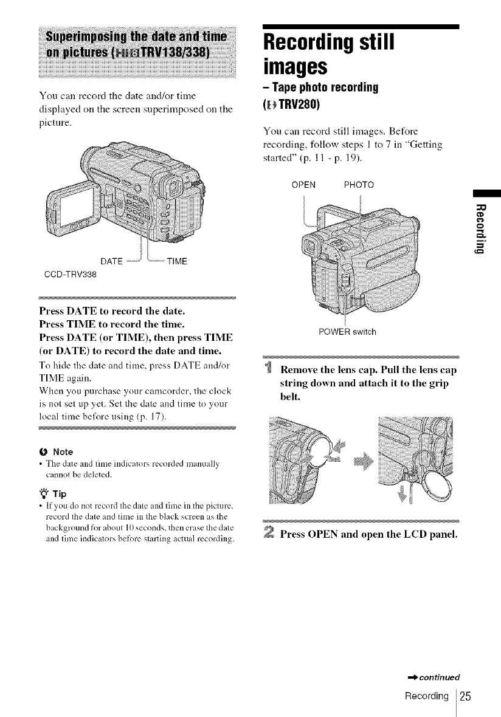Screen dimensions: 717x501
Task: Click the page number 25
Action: pos(466,693)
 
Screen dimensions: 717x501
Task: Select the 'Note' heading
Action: pos(63,452)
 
